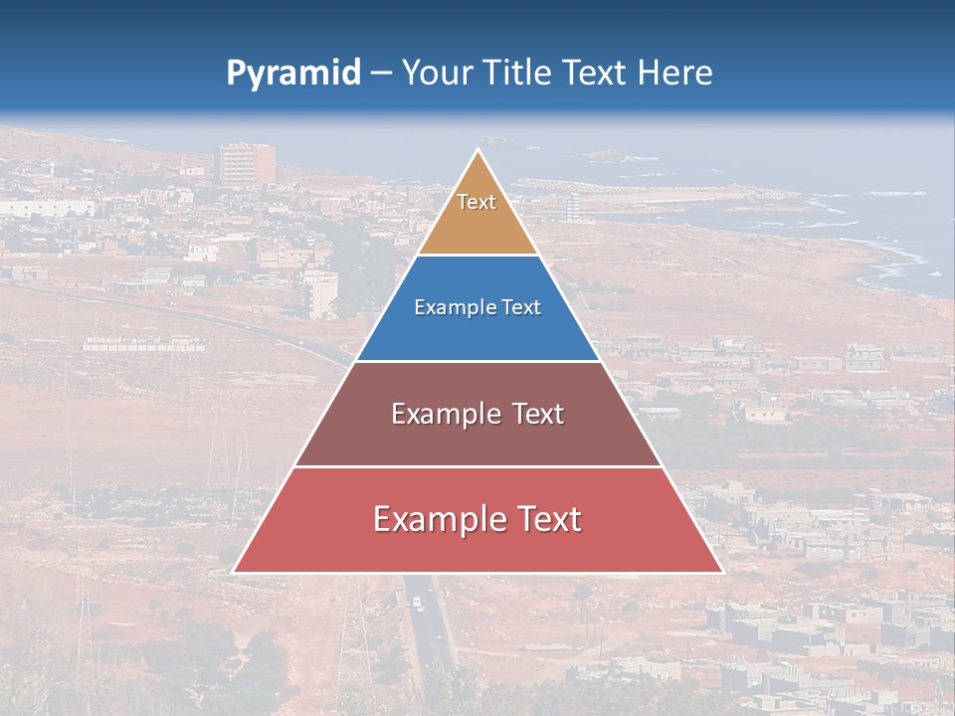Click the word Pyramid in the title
[293, 74]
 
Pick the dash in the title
[381, 74]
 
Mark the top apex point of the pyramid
[477, 150]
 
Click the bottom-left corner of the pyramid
[234, 572]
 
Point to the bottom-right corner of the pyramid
[722, 572]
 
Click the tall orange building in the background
[247, 164]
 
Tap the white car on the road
[417, 603]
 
